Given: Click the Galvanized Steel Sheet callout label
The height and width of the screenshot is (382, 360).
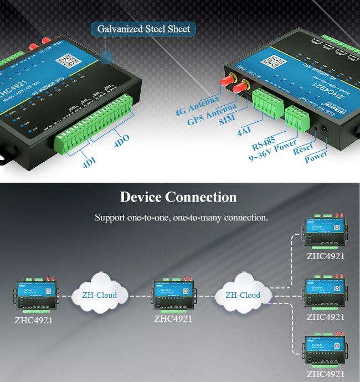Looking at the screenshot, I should click(x=143, y=29).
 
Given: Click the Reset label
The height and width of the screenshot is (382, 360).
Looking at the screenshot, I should click(x=304, y=149).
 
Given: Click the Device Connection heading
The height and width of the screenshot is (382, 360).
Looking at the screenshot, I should click(x=178, y=197).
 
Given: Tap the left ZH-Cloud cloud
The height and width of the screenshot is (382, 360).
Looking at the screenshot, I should click(x=100, y=295).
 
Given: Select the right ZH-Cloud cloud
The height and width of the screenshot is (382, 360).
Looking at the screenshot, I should click(x=243, y=295).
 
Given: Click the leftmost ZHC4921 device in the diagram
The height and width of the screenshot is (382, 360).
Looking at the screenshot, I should click(x=34, y=296).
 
